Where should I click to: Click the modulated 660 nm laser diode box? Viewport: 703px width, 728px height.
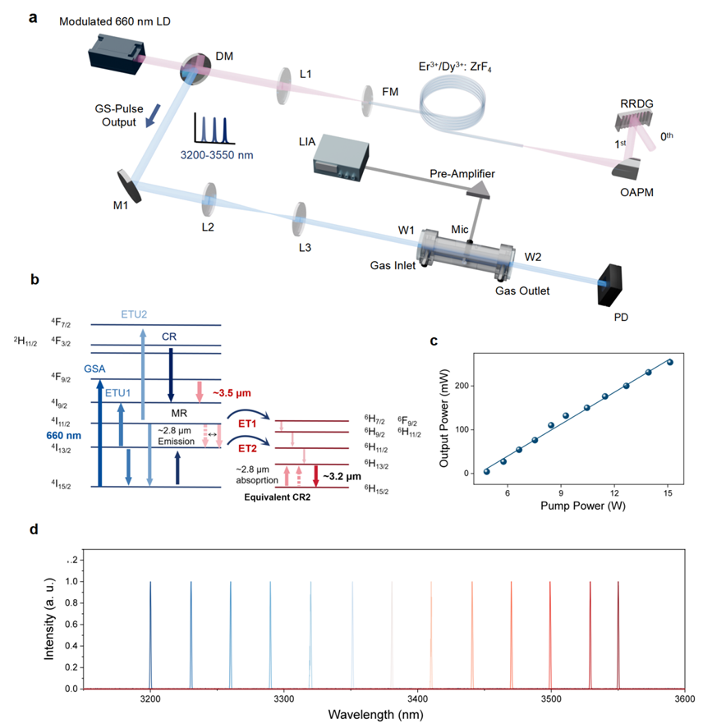point(117,54)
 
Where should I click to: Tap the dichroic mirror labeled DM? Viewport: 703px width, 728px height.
point(195,69)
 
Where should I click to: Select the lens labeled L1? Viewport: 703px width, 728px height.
point(283,86)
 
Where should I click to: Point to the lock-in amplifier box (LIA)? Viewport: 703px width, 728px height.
point(341,158)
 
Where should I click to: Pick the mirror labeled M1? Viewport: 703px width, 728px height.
point(129,186)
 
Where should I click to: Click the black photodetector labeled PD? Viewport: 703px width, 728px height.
point(610,285)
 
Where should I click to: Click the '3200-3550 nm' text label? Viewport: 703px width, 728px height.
point(217,155)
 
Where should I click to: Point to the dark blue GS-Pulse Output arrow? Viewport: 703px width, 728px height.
point(153,116)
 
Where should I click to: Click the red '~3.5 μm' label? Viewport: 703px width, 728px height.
point(232,393)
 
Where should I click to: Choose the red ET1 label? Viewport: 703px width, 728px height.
point(247,424)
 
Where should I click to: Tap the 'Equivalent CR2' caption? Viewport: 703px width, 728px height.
point(278,497)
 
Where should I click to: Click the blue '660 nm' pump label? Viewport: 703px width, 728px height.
point(64,436)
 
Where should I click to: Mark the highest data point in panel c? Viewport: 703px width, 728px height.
point(669,362)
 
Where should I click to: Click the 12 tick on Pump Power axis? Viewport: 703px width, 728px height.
point(614,493)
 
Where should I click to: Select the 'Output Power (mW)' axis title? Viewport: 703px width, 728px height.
point(443,418)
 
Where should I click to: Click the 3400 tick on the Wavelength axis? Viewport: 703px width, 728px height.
point(417,698)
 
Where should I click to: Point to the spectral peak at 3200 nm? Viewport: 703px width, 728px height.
point(150,635)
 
